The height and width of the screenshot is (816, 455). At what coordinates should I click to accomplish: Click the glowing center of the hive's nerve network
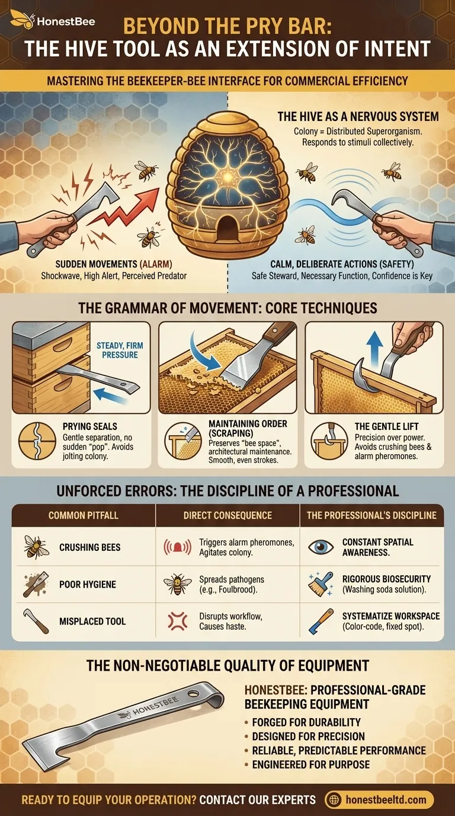pos(228,177)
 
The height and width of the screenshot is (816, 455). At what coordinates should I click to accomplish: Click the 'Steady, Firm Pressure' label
pos(120,350)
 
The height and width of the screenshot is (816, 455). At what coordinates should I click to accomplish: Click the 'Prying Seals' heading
pos(90,426)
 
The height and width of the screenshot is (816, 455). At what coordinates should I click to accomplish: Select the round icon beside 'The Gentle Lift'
pos(329,441)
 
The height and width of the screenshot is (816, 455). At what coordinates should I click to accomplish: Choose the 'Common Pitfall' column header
pos(84,515)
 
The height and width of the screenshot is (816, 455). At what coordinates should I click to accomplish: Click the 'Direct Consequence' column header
pos(227,515)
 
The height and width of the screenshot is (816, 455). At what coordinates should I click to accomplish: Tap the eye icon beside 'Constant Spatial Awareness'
pos(321,547)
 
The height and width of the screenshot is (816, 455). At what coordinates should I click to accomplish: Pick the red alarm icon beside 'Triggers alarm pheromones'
pos(177,547)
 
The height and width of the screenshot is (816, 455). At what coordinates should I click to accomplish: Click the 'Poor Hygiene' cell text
pos(88,584)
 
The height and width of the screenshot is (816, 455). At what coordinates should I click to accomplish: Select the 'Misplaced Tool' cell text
pos(92,621)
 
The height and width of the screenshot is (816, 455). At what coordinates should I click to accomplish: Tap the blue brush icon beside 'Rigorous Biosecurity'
pos(321,584)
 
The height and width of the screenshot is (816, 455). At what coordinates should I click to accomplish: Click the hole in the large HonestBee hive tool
pos(193,694)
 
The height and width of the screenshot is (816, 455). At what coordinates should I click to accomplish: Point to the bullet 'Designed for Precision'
pos(308,736)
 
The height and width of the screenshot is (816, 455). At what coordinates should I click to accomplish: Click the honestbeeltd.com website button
pos(380,799)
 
